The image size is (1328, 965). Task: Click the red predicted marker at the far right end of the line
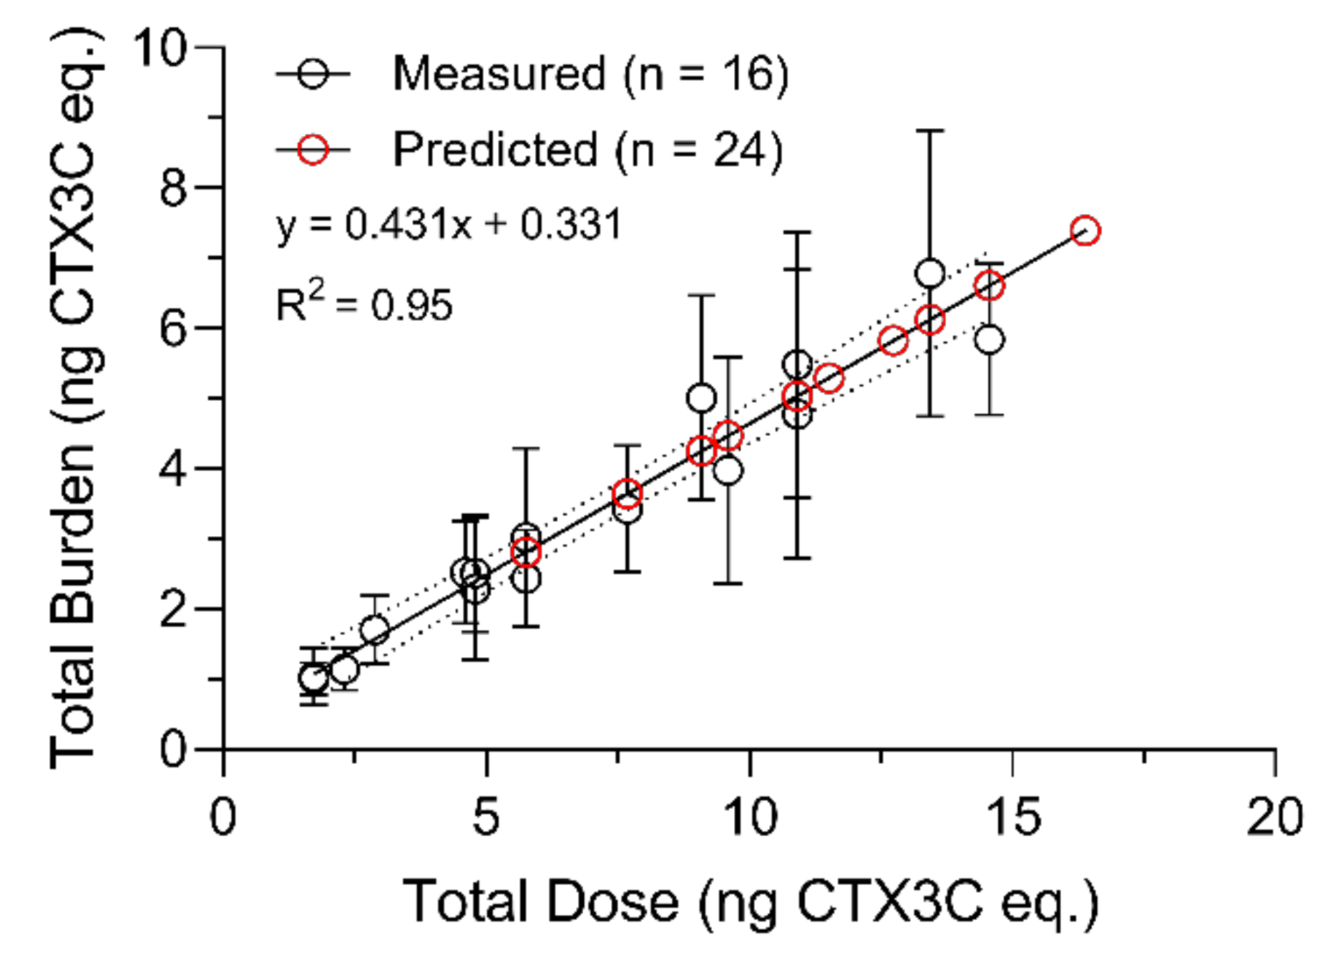1085,231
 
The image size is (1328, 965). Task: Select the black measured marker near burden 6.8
929,273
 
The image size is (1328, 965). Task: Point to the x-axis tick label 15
1012,816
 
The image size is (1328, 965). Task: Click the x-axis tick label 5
486,816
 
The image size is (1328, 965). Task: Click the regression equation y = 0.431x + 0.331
449,224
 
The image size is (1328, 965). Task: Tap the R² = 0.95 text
364,304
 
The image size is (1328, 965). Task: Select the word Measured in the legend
499,73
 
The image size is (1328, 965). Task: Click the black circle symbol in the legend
313,73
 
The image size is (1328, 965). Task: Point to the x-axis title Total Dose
540,902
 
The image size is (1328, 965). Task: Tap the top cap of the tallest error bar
929,131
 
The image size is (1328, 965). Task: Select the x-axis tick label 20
1274,816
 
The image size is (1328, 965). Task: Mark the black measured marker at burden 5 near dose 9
701,398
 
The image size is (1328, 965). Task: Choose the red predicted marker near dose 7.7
627,494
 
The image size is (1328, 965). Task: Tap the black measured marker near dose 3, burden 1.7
374,631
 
